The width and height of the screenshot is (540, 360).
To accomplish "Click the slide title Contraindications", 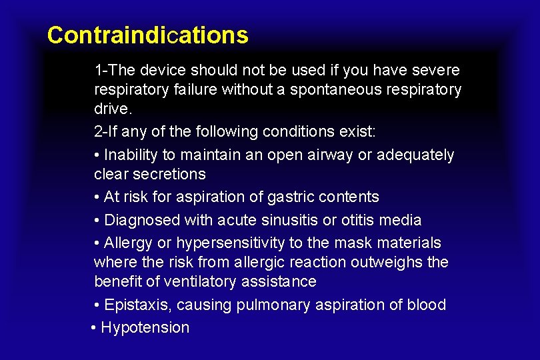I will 147,35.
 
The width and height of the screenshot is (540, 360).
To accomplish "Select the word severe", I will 436,70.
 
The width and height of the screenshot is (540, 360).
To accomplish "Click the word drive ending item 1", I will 110,109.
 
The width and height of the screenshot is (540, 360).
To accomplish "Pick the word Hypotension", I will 145,327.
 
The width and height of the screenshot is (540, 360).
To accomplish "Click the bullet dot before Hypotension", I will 93,327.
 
